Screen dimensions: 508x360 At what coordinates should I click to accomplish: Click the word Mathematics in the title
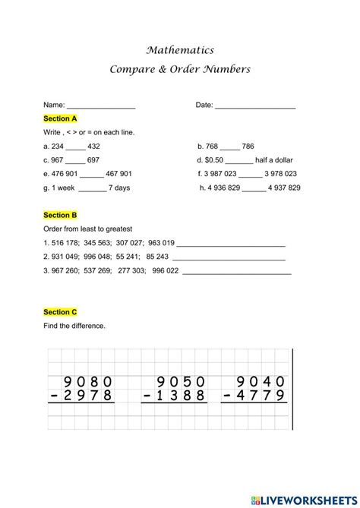(x=179, y=50)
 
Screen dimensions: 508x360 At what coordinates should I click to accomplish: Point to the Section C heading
(x=60, y=312)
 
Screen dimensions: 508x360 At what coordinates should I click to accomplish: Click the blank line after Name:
(x=101, y=106)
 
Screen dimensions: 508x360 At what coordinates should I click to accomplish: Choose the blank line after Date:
(x=255, y=106)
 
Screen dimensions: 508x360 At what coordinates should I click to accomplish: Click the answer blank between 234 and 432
(x=76, y=147)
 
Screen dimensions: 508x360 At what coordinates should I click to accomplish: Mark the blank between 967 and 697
(x=76, y=161)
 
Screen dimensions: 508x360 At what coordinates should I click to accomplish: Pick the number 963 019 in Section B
(x=162, y=243)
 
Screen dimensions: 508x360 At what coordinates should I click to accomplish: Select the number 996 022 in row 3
(x=166, y=270)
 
